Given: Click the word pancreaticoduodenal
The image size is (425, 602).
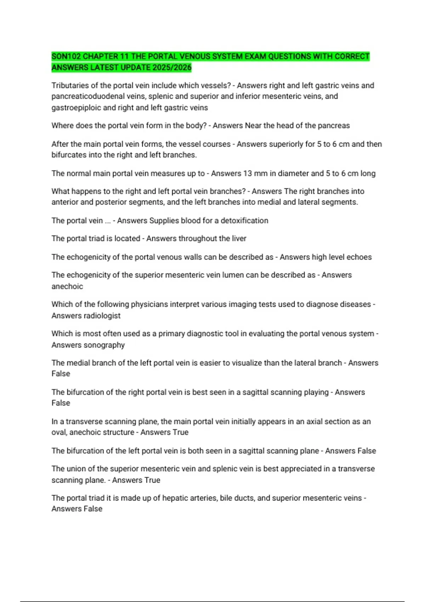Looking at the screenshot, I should click(x=87, y=96).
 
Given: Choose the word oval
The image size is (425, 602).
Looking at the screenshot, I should click(x=59, y=432).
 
